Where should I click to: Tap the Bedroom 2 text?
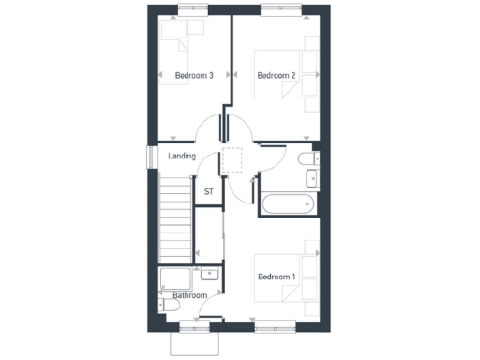(x=277, y=75)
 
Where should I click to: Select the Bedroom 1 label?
(x=277, y=277)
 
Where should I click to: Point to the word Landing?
(x=182, y=156)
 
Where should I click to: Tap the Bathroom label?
(x=190, y=296)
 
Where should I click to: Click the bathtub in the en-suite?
(x=289, y=203)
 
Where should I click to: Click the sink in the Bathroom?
(x=211, y=275)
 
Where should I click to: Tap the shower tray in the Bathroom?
(x=173, y=277)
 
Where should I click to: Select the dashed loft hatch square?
(x=232, y=161)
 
